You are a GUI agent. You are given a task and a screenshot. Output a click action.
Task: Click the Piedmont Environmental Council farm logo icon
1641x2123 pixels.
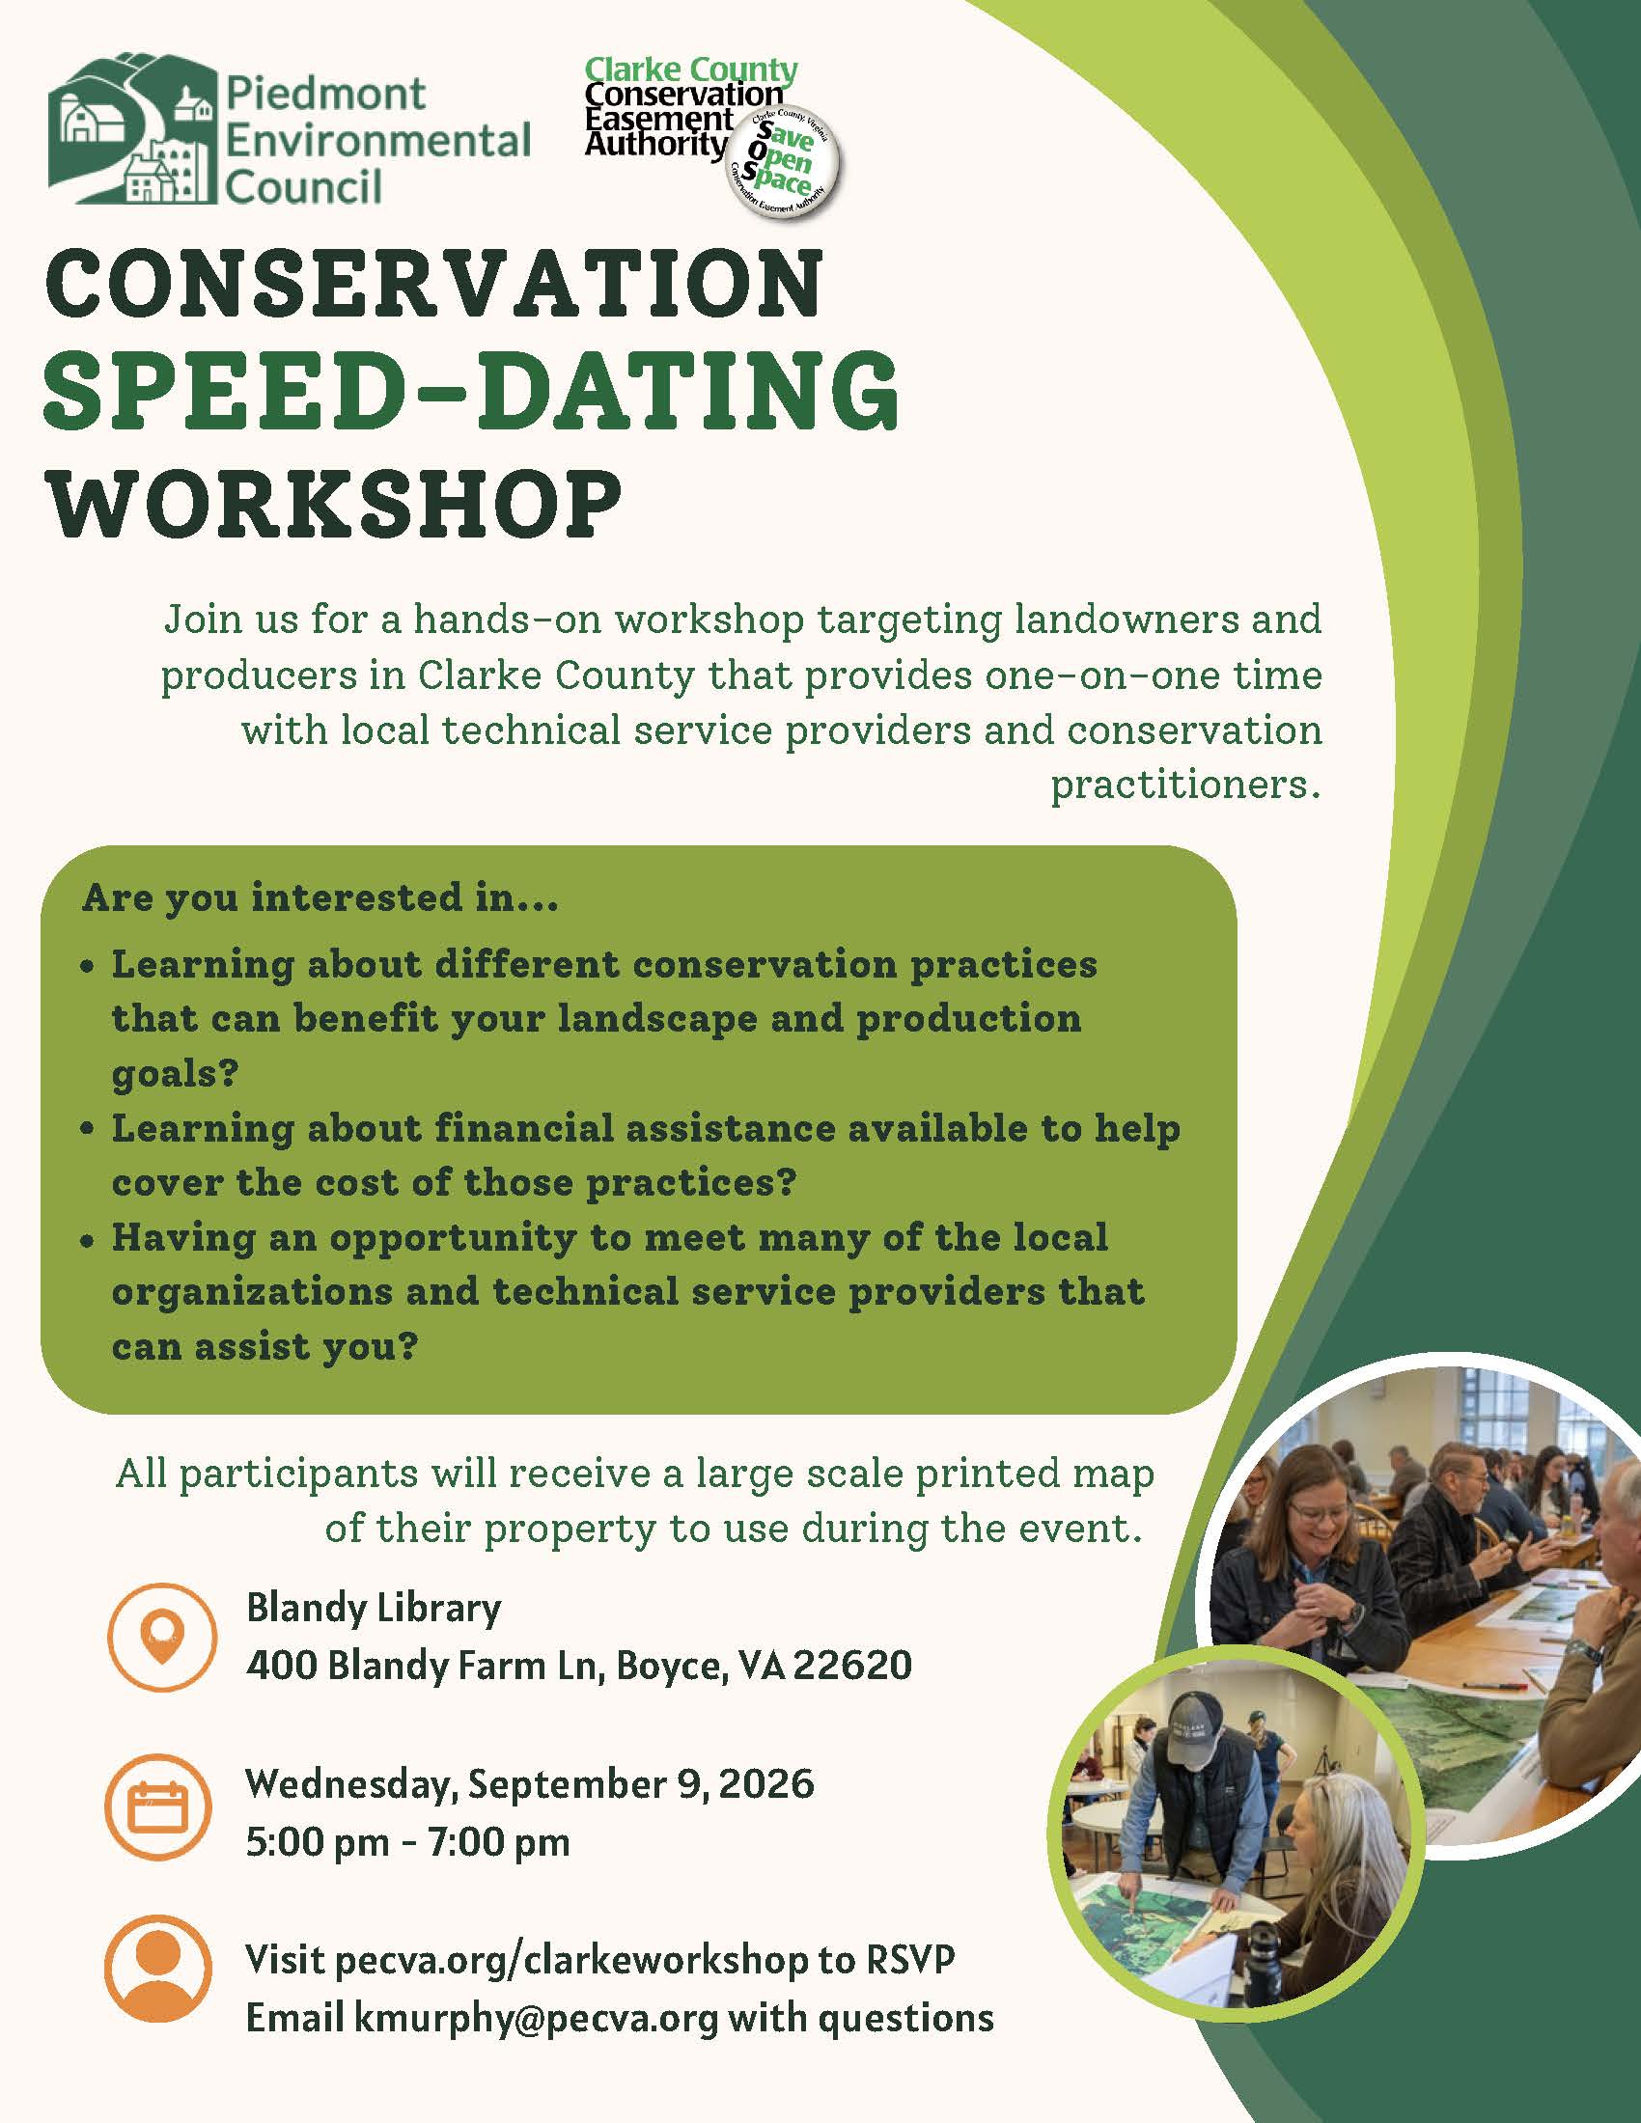[x=132, y=129]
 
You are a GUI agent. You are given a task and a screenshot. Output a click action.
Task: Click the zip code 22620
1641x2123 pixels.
[x=852, y=1666]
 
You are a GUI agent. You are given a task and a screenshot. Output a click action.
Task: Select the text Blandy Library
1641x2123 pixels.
[x=374, y=1608]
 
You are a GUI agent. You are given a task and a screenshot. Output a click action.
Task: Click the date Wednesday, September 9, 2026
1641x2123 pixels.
[x=530, y=1784]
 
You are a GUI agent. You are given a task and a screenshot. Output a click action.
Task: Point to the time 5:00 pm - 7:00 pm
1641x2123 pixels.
[x=407, y=1842]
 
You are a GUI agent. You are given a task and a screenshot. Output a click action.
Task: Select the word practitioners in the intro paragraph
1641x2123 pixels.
[x=1185, y=784]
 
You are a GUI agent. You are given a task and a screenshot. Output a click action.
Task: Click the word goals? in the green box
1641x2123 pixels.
[x=175, y=1073]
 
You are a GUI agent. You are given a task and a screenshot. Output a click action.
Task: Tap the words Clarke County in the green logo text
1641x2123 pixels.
[x=691, y=70]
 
